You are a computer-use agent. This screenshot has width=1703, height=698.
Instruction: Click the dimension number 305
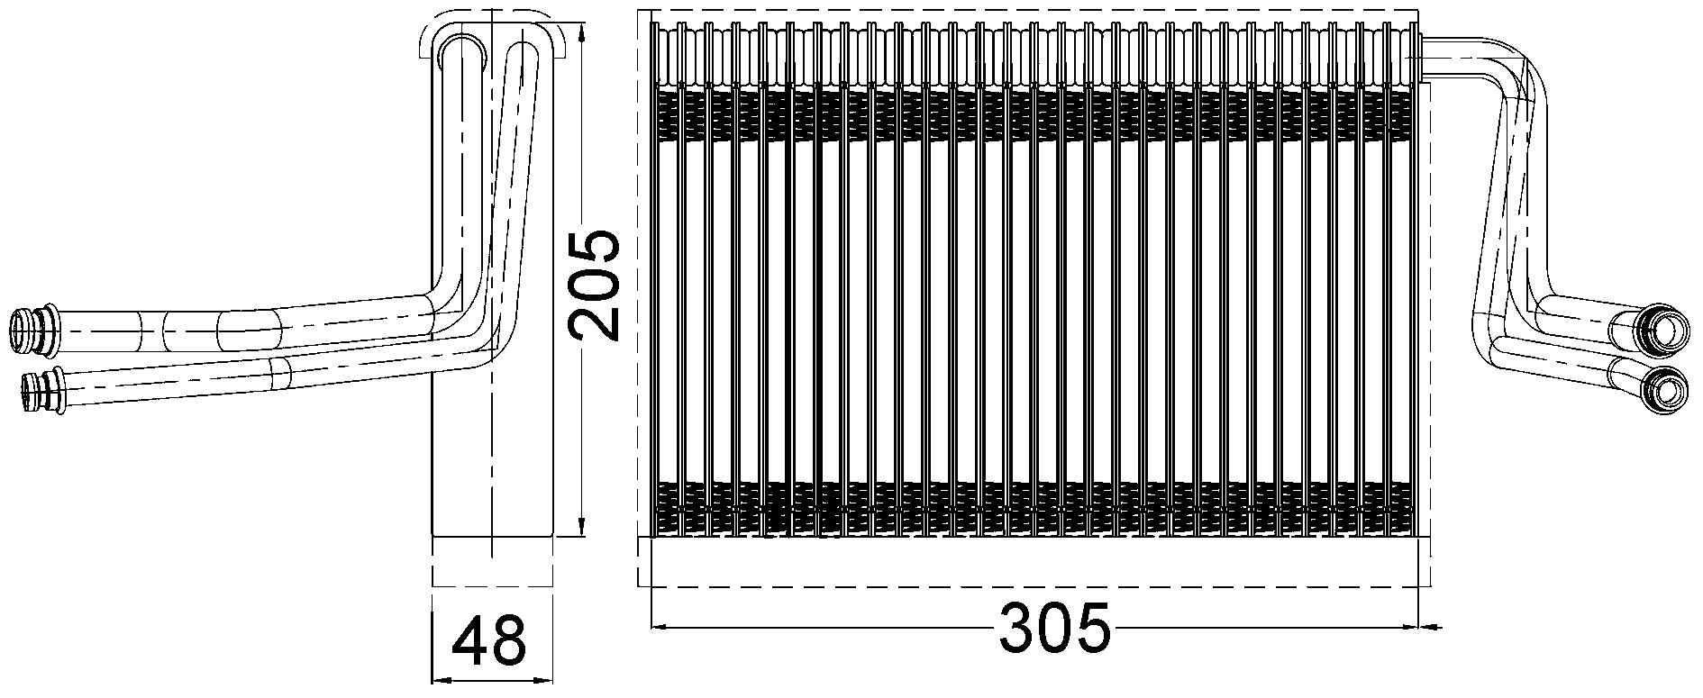coord(1055,628)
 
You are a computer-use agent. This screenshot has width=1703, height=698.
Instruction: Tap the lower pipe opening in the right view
coord(1660,390)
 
